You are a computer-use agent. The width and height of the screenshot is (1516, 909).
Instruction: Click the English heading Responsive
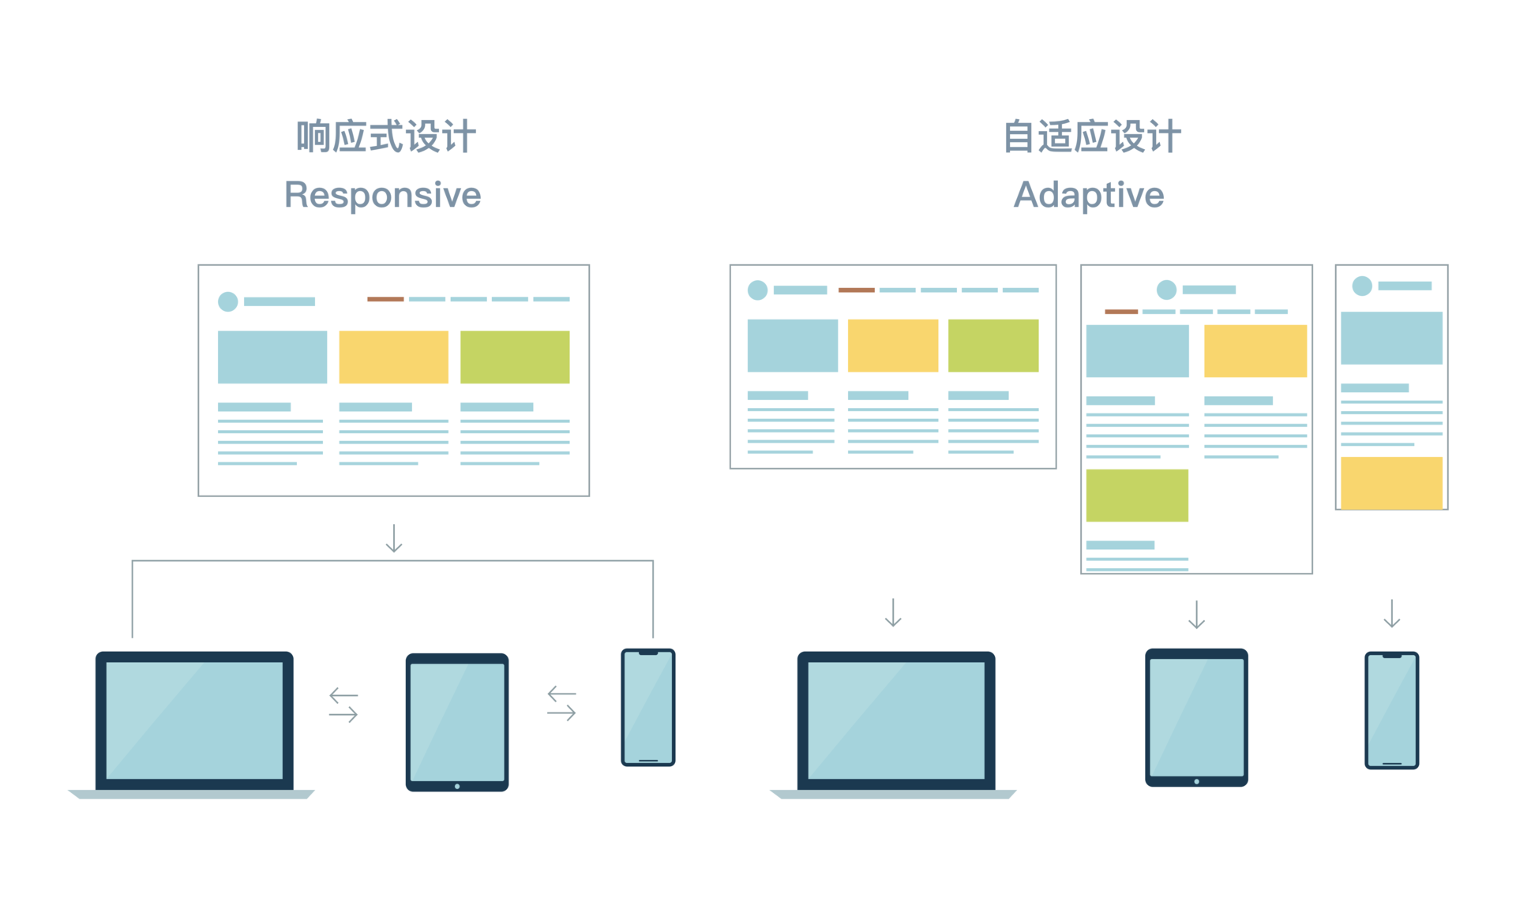coord(382,195)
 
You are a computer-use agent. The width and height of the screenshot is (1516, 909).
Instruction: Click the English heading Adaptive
coord(1088,195)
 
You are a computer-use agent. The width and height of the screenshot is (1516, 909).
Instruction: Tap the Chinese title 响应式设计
coord(385,137)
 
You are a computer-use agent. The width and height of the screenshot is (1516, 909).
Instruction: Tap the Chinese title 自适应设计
coord(1091,137)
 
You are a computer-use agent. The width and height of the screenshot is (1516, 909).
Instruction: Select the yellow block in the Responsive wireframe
coord(393,357)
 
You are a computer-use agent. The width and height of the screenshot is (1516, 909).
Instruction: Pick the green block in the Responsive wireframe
coord(515,357)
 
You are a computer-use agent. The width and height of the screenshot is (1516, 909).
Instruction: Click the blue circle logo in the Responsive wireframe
coord(227,301)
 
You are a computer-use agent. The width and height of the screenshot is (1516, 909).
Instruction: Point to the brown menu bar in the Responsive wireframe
coord(385,299)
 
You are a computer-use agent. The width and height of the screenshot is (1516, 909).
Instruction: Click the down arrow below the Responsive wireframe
coord(394,538)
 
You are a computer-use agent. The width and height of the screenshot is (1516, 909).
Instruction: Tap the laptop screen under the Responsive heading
coord(194,720)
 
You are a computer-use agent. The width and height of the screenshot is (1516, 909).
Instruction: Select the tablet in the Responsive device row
coord(457,722)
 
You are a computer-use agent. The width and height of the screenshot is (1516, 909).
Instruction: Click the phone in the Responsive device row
coord(648,707)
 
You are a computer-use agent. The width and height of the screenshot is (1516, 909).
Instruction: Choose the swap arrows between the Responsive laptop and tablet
coord(343,705)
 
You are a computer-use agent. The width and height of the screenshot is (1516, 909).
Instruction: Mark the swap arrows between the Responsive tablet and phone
coord(561,703)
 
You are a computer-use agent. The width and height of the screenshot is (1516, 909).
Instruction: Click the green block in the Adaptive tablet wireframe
coord(1137,496)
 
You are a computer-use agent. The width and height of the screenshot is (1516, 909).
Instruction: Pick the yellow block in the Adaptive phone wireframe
coord(1391,482)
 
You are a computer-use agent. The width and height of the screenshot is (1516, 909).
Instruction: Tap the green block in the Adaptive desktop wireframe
coord(993,346)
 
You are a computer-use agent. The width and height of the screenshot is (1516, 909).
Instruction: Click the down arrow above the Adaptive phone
coord(1391,614)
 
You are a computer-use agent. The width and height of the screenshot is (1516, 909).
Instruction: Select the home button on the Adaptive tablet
coord(1196,781)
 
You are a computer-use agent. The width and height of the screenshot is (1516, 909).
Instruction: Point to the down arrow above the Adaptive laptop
coord(893,612)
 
